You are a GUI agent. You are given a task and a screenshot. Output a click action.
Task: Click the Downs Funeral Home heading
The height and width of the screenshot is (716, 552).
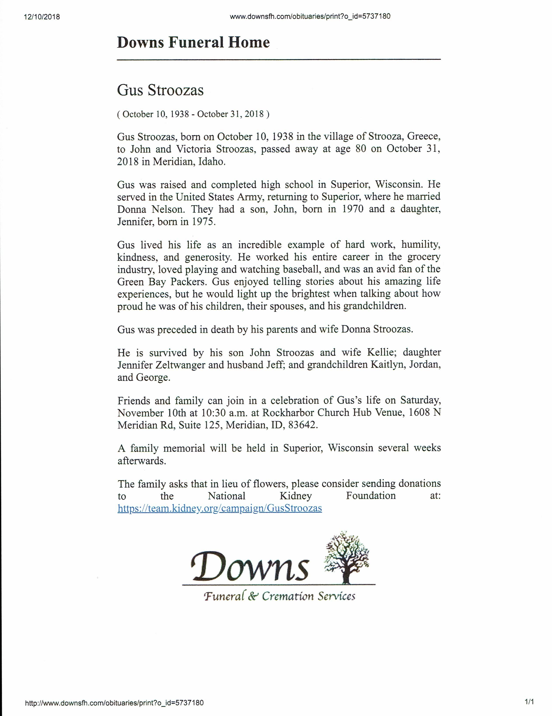[x=193, y=43]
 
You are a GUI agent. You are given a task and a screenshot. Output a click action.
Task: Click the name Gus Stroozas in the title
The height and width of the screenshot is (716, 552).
[x=160, y=90]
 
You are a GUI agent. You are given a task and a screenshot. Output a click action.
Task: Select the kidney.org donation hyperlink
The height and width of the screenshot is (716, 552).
[x=220, y=508]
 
